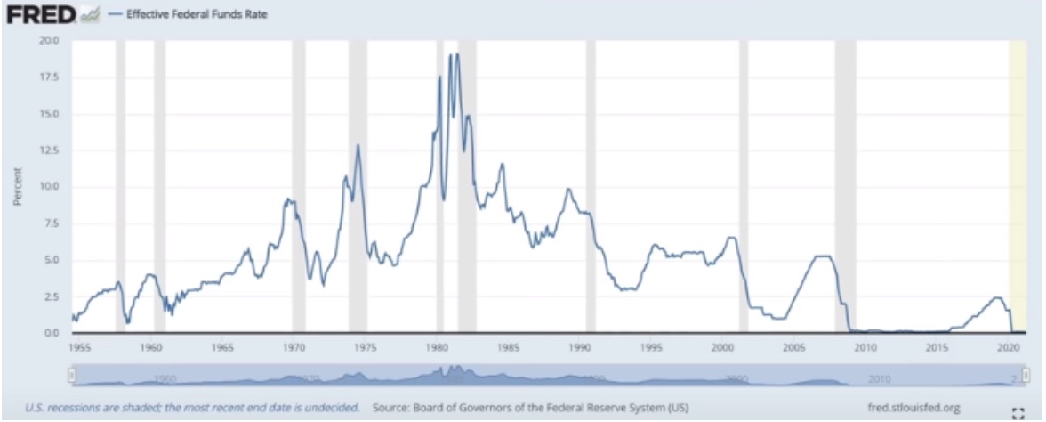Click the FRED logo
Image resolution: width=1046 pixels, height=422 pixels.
tap(41, 15)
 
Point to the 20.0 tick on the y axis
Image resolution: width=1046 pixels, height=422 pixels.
tap(49, 41)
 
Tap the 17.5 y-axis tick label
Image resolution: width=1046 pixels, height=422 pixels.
tap(49, 77)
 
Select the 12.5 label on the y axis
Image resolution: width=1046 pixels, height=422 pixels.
tap(49, 150)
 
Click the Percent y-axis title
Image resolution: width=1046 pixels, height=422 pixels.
tap(17, 187)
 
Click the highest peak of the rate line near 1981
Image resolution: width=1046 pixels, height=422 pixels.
tap(457, 55)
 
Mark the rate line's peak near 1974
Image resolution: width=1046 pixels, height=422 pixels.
tap(358, 145)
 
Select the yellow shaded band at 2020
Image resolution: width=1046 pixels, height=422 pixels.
tap(1017, 178)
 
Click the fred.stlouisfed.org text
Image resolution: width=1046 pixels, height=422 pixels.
tap(913, 407)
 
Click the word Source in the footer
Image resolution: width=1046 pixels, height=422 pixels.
tap(391, 407)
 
